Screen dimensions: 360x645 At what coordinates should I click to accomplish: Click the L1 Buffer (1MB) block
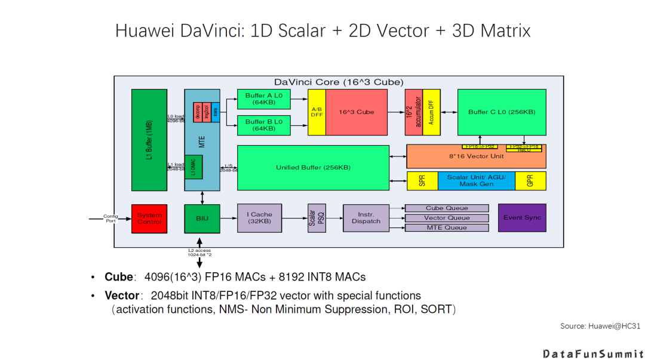coord(149,140)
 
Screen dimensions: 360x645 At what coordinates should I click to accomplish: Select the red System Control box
coord(149,218)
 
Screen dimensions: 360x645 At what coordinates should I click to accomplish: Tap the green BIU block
coord(202,218)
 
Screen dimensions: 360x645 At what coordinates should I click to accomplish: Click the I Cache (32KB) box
coord(259,218)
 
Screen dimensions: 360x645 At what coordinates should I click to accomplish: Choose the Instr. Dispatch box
coord(365,218)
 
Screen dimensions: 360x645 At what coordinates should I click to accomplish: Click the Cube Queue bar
coord(447,208)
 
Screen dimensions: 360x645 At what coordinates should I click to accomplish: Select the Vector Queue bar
coord(447,218)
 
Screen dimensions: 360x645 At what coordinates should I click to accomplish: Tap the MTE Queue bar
coord(447,227)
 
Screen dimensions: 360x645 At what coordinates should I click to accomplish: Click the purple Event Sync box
coord(521,218)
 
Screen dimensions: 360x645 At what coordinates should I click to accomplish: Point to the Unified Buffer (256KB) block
coord(313,168)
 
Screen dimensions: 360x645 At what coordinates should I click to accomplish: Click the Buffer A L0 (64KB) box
coord(263,99)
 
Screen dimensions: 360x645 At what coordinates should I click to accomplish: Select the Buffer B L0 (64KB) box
coord(263,125)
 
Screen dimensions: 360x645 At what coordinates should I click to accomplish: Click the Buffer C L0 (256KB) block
coord(501,112)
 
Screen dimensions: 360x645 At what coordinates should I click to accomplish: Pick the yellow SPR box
coord(422,181)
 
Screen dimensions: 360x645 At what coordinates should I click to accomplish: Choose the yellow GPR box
coord(530,181)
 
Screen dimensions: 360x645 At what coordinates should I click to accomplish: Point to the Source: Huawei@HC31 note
coord(600,325)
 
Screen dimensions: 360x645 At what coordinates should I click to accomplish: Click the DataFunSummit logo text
coord(592,353)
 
